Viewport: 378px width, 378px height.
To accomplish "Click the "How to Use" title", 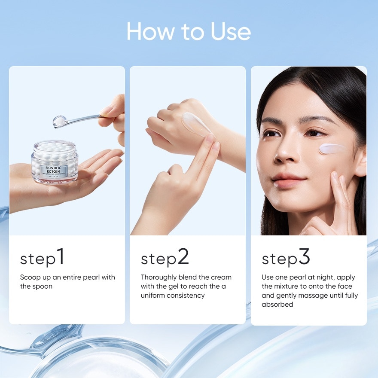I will [x=189, y=31].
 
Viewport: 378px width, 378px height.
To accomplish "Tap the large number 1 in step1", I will [x=61, y=256].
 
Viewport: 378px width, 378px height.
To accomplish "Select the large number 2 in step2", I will [x=183, y=256].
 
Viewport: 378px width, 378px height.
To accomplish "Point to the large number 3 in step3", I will [x=304, y=256].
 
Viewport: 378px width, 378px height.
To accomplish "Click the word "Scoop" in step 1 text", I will [x=30, y=277].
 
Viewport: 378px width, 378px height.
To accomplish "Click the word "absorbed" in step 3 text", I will [x=277, y=304].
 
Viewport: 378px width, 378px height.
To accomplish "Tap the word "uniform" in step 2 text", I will [x=153, y=295].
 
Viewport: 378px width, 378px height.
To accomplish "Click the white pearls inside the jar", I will [x=55, y=151].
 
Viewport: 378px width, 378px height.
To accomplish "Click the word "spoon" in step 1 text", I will [x=43, y=286].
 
